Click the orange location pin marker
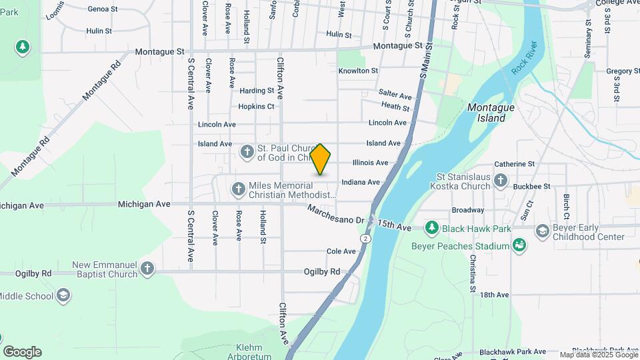click(320, 159)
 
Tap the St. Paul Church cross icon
click(247, 153)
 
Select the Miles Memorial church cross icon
click(238, 190)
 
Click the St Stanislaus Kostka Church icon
click(501, 181)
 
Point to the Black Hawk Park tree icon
click(431, 228)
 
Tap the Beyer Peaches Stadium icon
click(519, 245)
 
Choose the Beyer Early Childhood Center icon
click(543, 231)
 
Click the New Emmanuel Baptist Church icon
click(147, 269)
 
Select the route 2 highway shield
click(365, 238)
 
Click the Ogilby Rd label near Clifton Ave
click(322, 271)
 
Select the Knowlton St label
click(358, 71)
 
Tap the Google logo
click(22, 351)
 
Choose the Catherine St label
click(514, 163)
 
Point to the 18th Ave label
click(494, 295)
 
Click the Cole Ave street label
click(341, 251)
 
